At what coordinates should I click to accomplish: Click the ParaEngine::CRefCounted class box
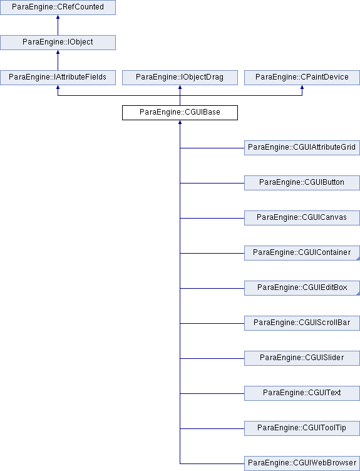tap(58, 8)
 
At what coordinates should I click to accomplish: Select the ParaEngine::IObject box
tap(58, 43)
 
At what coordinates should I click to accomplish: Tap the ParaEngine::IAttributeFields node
tap(58, 78)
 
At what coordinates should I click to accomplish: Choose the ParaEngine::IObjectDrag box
tap(180, 78)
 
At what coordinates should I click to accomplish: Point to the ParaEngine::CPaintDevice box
tap(302, 78)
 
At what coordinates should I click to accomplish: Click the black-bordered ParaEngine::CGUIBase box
tap(180, 113)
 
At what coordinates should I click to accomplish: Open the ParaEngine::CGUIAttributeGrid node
tap(302, 148)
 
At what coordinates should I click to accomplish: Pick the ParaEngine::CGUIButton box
tap(302, 183)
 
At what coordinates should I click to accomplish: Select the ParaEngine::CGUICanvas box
tap(302, 218)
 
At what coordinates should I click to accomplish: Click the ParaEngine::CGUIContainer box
tap(302, 253)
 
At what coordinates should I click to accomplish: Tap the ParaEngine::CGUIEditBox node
tap(302, 288)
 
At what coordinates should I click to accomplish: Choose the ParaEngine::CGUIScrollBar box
tap(302, 323)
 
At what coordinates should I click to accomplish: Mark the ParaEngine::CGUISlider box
tap(302, 358)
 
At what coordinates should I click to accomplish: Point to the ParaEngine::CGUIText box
tap(302, 393)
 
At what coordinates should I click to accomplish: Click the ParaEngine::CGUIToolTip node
tap(302, 428)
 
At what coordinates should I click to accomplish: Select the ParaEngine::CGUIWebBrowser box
tap(302, 463)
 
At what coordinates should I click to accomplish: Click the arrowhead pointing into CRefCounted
tap(58, 17)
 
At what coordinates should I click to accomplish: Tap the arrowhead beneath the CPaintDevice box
tap(302, 87)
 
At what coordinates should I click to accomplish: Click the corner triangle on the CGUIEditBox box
tap(358, 294)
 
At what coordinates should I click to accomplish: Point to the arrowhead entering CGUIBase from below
tap(180, 122)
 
